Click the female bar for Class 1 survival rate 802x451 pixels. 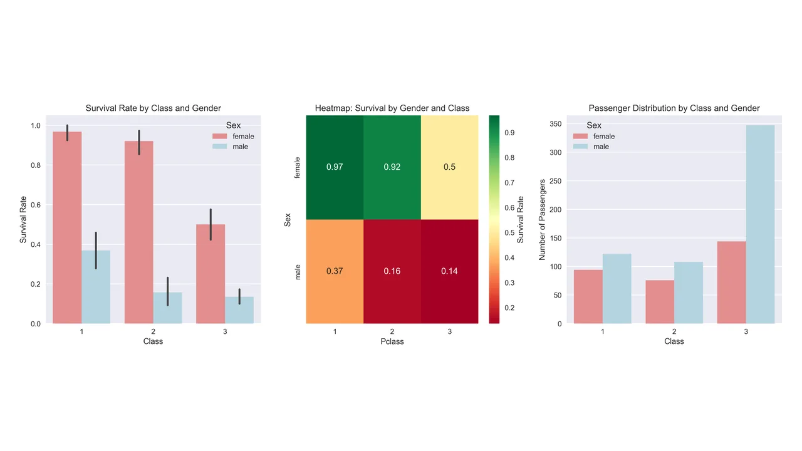click(x=67, y=227)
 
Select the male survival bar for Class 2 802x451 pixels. click(x=167, y=308)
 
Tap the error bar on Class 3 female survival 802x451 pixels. click(x=211, y=224)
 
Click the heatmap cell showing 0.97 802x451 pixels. click(x=335, y=167)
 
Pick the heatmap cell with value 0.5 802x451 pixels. click(x=449, y=167)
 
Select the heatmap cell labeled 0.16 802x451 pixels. click(x=392, y=271)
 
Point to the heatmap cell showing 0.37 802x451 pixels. click(x=335, y=271)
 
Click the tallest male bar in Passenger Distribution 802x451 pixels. click(x=760, y=224)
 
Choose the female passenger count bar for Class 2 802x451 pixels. click(x=660, y=302)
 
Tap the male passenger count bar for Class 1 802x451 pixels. click(x=617, y=289)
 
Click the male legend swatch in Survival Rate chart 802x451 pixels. click(x=219, y=147)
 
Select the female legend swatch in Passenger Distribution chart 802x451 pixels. click(x=580, y=136)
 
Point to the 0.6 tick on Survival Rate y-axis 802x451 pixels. click(x=36, y=205)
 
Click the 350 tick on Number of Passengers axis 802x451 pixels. click(x=555, y=124)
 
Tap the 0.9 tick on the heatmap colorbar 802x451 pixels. click(x=509, y=133)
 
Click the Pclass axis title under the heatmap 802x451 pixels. click(x=392, y=341)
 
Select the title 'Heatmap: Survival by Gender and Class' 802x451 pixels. click(x=392, y=108)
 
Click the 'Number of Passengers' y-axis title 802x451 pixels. click(x=542, y=220)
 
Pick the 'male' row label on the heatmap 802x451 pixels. click(x=298, y=272)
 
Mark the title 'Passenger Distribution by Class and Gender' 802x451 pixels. click(x=674, y=108)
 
